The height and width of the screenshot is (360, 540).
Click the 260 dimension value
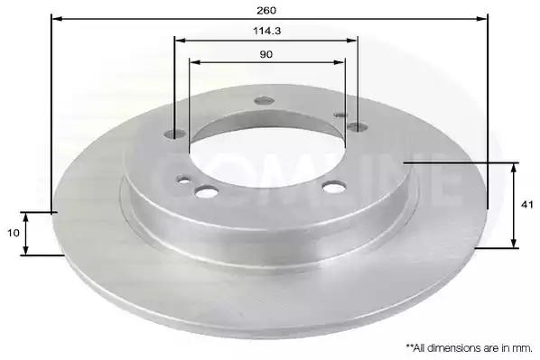(x=266, y=11)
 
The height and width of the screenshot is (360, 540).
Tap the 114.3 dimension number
(x=267, y=31)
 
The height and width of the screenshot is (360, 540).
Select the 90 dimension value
(x=265, y=54)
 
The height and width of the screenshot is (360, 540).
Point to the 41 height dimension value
(x=527, y=205)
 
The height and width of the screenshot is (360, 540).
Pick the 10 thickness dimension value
(x=14, y=233)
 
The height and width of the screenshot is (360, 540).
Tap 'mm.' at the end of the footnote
(x=523, y=348)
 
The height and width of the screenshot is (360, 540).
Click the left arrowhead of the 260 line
(x=57, y=19)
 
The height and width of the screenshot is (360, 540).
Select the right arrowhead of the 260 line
(x=482, y=19)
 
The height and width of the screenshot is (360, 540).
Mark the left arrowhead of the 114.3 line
(x=181, y=41)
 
